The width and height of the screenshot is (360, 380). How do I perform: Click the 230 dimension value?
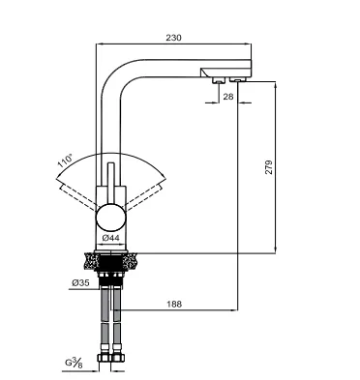point(173,38)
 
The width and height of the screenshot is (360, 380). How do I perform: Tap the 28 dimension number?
point(227,97)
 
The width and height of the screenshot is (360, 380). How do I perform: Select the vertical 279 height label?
point(269,167)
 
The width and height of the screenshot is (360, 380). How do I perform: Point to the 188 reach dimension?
point(174,304)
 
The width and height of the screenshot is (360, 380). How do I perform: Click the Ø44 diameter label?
point(110,238)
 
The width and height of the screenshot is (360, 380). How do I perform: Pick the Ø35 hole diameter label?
point(80,283)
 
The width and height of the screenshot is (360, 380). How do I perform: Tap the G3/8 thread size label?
point(75,363)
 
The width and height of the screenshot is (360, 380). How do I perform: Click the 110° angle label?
point(65,161)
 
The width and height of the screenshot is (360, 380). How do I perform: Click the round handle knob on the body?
point(110,218)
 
